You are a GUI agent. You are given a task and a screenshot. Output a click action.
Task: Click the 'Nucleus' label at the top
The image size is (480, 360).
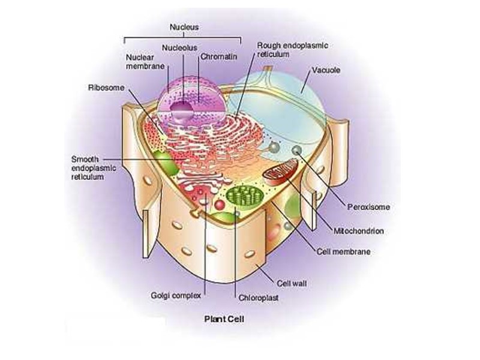coord(184,27)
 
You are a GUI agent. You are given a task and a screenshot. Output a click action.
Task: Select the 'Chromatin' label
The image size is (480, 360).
coord(218,56)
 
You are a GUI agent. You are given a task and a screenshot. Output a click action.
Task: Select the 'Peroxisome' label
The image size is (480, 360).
coord(368,207)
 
